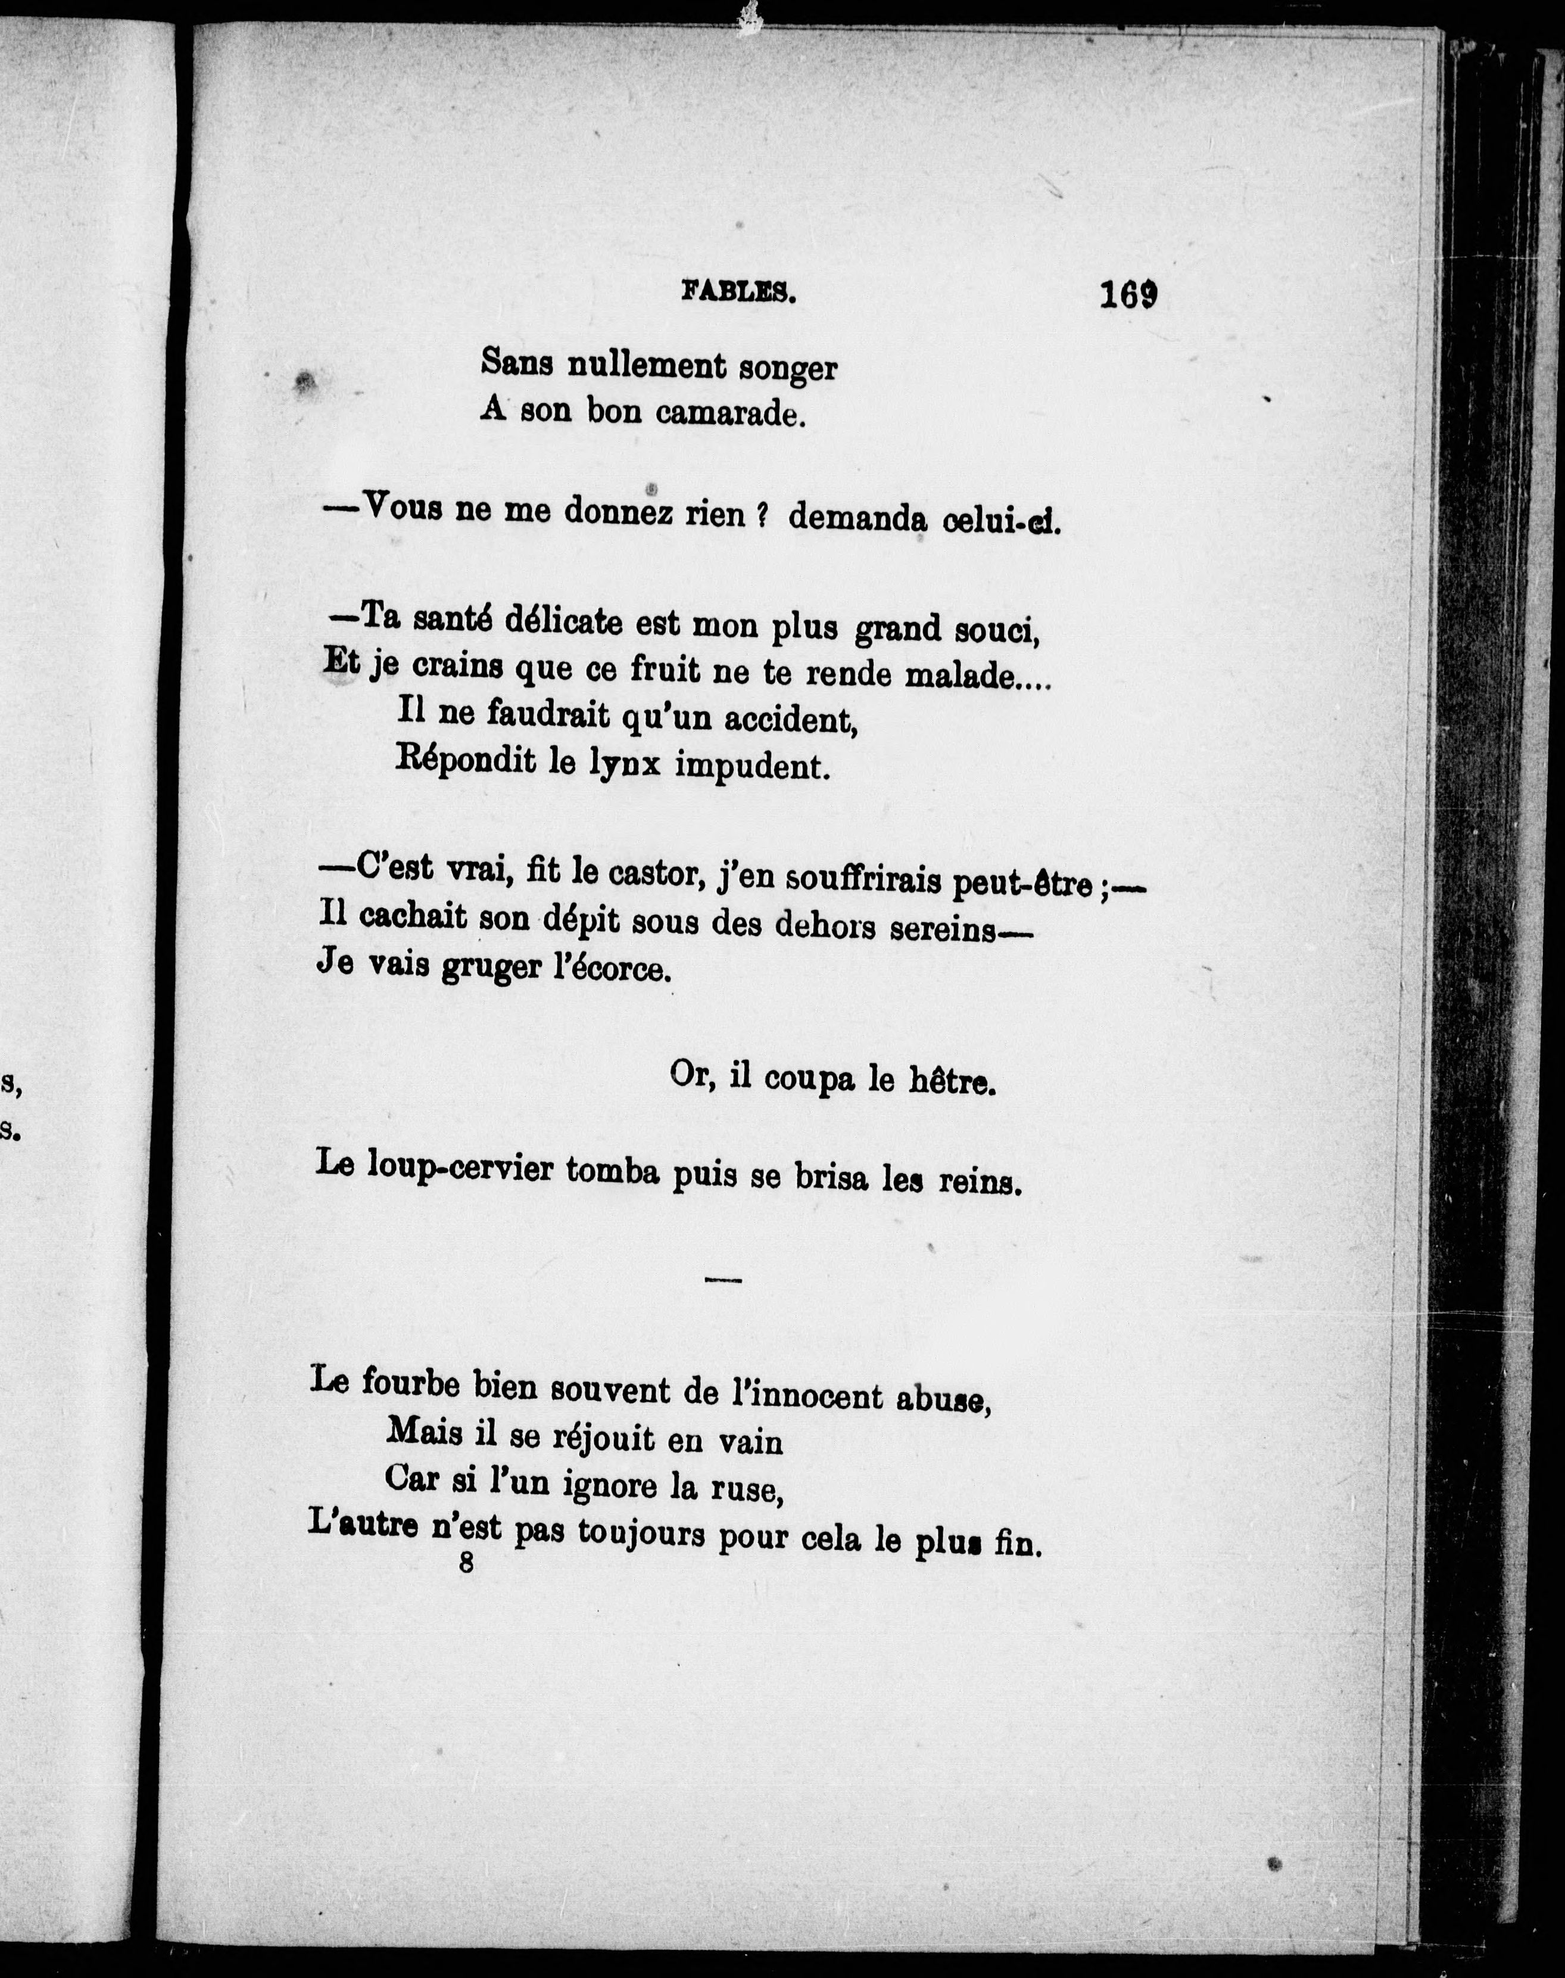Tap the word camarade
729,414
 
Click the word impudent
753,766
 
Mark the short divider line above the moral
724,1280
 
